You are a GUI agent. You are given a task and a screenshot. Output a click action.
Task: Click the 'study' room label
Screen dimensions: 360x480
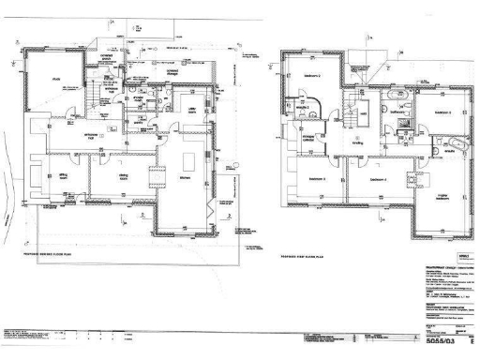coord(55,79)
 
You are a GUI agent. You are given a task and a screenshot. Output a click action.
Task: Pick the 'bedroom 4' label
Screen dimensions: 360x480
coord(378,178)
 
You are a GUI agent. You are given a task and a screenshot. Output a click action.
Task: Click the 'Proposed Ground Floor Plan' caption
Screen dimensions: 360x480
coord(56,253)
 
